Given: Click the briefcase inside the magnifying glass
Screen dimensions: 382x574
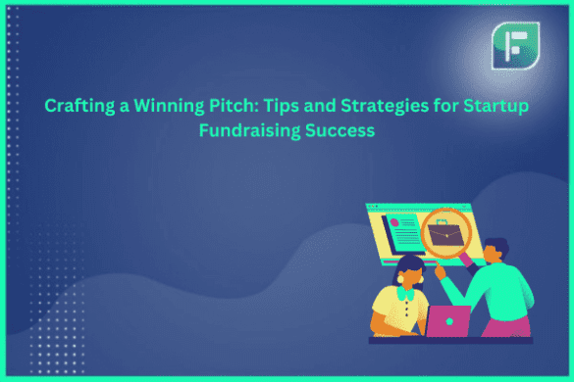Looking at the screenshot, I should (x=446, y=235).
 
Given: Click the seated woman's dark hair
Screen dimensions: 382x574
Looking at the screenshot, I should (x=410, y=263).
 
